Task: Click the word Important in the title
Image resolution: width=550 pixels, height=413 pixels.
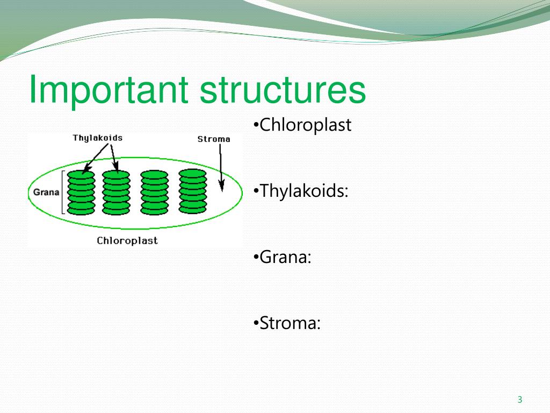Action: point(108,90)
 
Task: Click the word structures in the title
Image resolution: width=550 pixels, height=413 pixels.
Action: point(283,90)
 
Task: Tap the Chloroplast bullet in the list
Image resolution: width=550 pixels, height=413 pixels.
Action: point(302,125)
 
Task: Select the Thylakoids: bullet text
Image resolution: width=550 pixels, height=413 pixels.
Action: point(301,191)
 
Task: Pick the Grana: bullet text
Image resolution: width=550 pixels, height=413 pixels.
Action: point(282,257)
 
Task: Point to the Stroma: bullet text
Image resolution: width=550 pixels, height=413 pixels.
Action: point(287,323)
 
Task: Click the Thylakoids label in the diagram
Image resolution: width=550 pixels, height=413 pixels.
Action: point(98,138)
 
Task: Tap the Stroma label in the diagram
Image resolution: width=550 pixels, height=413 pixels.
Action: point(214,139)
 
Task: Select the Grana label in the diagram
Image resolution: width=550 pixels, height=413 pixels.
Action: point(46,192)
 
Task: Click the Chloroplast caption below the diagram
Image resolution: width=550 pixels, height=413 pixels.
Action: point(127,241)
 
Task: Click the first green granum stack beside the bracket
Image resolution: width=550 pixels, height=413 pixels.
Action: point(81,193)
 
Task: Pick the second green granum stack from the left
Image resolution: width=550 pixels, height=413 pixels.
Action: point(116,193)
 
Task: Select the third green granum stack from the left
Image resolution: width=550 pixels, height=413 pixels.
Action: point(154,193)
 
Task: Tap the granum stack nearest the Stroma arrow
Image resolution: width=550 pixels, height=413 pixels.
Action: point(193,191)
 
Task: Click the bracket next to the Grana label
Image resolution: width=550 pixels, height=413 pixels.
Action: point(63,192)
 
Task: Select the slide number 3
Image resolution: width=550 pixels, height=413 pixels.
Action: point(520,400)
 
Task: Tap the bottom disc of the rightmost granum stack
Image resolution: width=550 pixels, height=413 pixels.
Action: point(193,209)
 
